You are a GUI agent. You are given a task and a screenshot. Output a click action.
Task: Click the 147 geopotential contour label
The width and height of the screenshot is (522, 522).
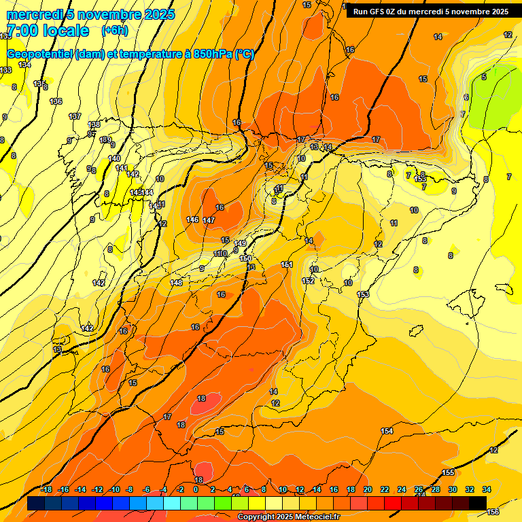[208, 220]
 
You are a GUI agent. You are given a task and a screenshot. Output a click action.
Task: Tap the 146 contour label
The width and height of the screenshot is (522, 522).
[192, 220]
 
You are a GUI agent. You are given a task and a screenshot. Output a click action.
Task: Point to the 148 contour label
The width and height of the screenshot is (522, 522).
[176, 282]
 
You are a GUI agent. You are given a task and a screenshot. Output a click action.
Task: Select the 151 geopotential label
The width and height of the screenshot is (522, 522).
[287, 264]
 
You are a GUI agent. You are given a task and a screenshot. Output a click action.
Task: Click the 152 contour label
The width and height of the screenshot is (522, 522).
[308, 280]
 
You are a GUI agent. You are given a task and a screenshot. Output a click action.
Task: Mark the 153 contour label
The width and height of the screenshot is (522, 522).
[363, 294]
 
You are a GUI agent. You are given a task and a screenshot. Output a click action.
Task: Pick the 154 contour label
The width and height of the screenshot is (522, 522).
[387, 431]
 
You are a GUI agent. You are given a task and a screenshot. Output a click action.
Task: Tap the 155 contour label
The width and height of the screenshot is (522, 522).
[448, 472]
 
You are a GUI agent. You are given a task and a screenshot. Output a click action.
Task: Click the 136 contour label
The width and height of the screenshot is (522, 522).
[56, 101]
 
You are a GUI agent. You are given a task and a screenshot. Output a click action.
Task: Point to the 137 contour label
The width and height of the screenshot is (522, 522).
[75, 116]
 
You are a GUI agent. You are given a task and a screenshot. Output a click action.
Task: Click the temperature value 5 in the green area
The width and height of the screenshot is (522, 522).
[484, 77]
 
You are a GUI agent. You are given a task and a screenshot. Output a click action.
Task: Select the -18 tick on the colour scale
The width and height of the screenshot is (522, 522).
[46, 489]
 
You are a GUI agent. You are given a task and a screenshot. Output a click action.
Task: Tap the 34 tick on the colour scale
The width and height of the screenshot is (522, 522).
[487, 489]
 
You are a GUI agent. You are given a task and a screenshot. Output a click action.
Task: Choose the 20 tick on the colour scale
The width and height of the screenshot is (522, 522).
[368, 489]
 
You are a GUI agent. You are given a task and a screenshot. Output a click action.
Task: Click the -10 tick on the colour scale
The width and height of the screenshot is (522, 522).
[114, 489]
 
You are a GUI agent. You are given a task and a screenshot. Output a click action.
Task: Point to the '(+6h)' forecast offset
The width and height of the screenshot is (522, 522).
[114, 31]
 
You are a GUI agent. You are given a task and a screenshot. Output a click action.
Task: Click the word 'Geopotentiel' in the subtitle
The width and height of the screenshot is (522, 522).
[40, 54]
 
